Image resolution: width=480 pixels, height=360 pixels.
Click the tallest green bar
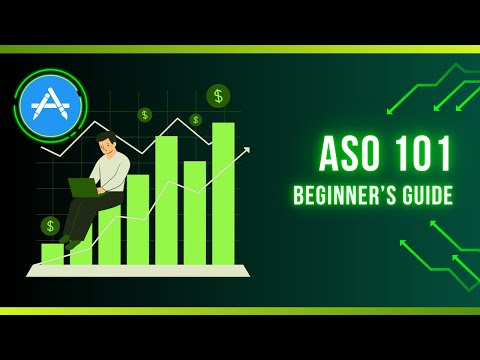pos(223,195)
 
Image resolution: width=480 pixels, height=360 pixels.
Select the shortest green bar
pos(52,254)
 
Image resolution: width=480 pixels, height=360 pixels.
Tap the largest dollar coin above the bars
pos(218,96)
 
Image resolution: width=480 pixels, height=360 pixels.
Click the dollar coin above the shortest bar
pos(50,226)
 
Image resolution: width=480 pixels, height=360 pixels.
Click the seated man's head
pos(106,143)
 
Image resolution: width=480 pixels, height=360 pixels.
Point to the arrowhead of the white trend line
pos(246,151)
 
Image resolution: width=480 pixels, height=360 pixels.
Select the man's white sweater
pos(113,170)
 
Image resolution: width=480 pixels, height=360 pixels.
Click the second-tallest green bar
pos(166,200)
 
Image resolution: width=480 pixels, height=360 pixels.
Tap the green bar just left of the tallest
pos(194,212)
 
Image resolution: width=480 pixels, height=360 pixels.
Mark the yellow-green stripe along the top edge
pos(240,48)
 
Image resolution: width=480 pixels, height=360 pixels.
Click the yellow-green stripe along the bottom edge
pos(240,311)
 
